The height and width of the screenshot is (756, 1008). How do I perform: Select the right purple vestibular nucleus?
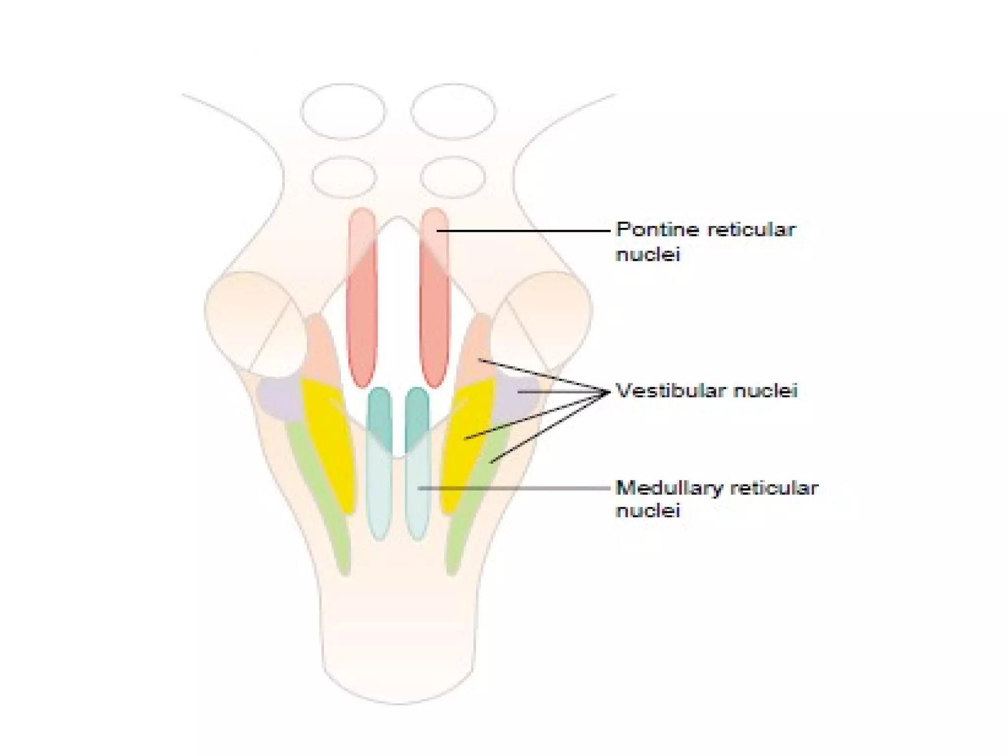click(519, 399)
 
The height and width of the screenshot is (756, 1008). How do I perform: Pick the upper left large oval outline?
click(343, 111)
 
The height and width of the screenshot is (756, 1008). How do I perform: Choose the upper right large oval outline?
click(453, 111)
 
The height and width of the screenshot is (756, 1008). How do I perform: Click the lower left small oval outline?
click(344, 177)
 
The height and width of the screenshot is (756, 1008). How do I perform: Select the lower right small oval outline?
click(453, 177)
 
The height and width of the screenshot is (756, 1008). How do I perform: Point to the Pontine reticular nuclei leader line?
click(522, 230)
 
